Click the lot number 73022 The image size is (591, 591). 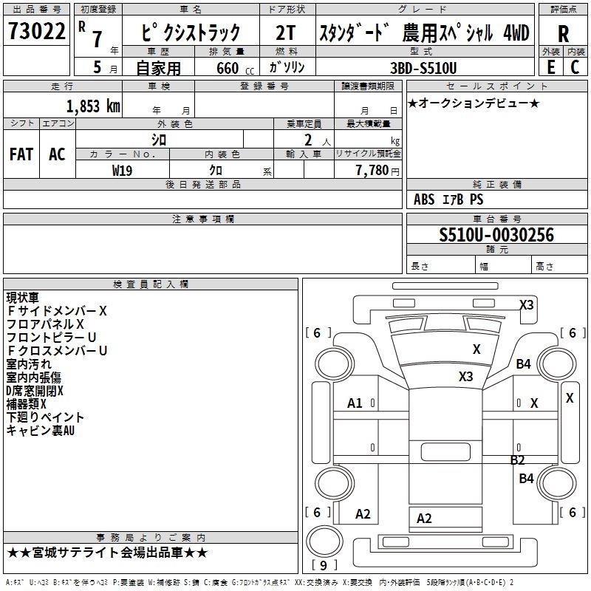(36, 31)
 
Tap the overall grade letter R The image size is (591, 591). (563, 34)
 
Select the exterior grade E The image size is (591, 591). (550, 67)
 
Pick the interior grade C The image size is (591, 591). (575, 67)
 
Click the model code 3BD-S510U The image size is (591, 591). (423, 68)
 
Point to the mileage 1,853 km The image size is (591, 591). (93, 106)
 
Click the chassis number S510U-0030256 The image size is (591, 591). (496, 235)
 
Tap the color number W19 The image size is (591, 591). (122, 171)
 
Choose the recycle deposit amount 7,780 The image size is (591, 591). (372, 170)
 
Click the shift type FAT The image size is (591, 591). (21, 154)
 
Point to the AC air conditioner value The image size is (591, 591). (57, 154)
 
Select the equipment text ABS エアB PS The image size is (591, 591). (448, 199)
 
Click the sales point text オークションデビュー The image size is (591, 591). (474, 103)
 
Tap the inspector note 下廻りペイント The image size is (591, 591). (45, 417)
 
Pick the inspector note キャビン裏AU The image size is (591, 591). (41, 430)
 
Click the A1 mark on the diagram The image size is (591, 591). (355, 403)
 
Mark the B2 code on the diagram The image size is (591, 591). (518, 460)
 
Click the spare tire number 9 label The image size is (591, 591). (323, 565)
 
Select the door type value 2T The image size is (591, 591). (285, 33)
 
